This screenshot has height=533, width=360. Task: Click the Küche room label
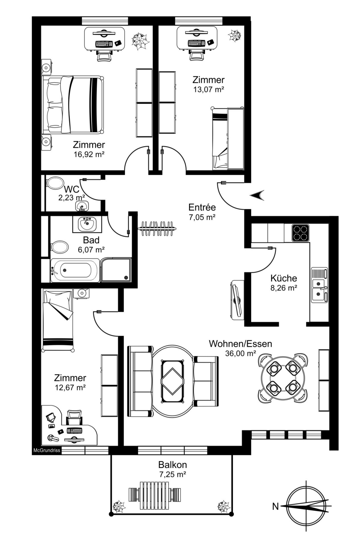(283, 278)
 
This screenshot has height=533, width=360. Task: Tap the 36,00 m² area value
(240, 353)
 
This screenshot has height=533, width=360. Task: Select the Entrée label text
(202, 207)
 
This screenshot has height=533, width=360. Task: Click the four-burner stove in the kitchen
(300, 233)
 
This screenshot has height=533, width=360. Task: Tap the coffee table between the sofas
(172, 381)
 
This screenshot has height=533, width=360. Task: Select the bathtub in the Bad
(75, 270)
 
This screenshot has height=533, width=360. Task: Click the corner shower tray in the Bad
(116, 270)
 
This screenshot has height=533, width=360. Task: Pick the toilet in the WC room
(55, 183)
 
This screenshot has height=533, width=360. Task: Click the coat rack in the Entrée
(157, 228)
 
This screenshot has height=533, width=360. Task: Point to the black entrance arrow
(257, 195)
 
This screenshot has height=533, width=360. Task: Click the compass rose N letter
(275, 507)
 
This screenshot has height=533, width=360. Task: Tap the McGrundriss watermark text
(47, 450)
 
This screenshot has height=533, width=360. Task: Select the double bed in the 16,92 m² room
(73, 104)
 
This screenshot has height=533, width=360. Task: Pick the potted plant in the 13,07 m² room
(234, 36)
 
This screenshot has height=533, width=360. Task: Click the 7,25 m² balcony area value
(173, 474)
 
